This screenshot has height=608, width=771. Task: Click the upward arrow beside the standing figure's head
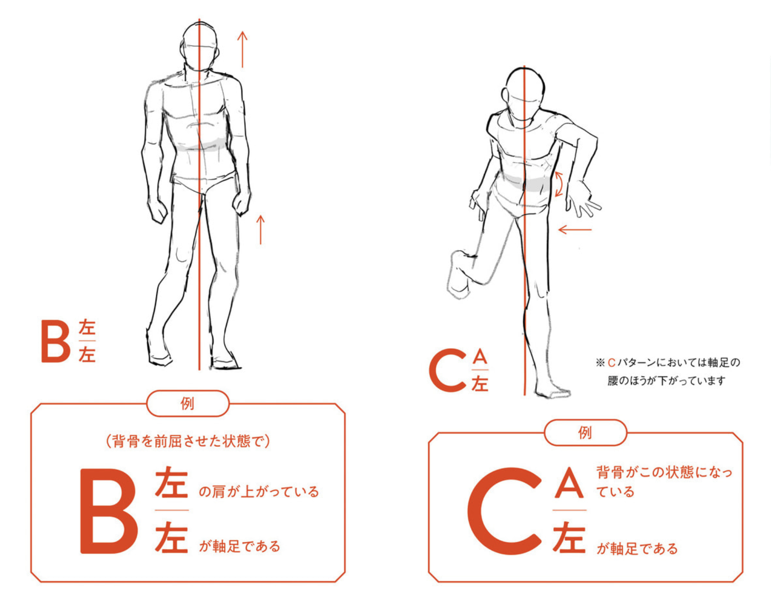click(x=242, y=49)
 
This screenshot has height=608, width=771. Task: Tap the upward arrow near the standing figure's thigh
click(x=260, y=230)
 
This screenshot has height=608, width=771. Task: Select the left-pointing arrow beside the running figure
click(x=575, y=229)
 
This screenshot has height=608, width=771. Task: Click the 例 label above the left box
click(x=188, y=404)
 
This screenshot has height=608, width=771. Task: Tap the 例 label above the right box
click(x=585, y=432)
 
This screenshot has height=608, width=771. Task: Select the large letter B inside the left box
click(x=109, y=511)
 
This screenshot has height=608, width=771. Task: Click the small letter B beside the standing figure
click(x=56, y=341)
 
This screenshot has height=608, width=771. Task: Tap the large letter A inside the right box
click(x=569, y=482)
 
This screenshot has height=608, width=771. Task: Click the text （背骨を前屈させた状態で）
click(x=188, y=441)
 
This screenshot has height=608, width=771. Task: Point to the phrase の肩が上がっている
click(x=259, y=492)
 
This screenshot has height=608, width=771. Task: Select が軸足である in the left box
click(x=240, y=546)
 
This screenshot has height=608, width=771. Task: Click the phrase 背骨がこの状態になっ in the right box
click(x=664, y=472)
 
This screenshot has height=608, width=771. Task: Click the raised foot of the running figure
click(x=459, y=274)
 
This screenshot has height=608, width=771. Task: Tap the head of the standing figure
click(x=199, y=47)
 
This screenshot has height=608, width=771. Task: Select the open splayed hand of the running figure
click(x=582, y=199)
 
